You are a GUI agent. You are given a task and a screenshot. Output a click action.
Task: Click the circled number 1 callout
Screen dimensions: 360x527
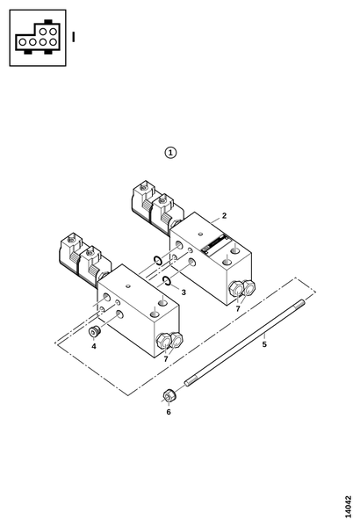pos(170,153)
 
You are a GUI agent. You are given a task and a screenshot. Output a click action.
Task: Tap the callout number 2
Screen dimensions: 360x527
pos(224,215)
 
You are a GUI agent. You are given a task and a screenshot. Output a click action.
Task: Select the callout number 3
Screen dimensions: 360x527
pos(184,292)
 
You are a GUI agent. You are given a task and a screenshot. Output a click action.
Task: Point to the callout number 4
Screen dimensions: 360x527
pos(94,346)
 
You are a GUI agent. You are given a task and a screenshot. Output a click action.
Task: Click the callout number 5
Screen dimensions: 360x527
pos(264,344)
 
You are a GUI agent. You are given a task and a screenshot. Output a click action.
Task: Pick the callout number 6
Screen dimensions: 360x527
pos(169,412)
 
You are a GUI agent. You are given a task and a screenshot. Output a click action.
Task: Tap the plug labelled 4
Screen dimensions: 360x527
pos(95,331)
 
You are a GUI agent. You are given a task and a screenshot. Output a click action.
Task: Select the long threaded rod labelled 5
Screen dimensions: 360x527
pos(245,343)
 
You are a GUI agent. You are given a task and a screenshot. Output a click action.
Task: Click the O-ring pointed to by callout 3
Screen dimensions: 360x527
pos(167,280)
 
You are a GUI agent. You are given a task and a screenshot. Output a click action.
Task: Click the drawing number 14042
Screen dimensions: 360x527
pos(348,507)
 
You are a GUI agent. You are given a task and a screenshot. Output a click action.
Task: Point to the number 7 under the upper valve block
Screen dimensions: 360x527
pos(238,308)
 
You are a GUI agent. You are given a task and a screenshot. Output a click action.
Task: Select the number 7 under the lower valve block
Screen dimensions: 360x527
pos(166,359)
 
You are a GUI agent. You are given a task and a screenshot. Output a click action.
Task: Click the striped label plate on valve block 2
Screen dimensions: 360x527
pos(213,244)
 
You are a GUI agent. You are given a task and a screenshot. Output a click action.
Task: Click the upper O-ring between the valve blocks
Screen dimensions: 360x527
pos(157,260)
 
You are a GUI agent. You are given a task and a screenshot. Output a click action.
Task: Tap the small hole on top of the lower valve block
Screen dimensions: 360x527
pos(127,286)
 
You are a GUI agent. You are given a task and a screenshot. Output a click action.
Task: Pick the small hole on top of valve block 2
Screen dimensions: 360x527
pos(200,234)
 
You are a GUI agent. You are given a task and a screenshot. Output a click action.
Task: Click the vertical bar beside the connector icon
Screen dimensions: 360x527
pos(73,37)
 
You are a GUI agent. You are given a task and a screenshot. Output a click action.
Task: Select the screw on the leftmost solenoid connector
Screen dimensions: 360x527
pos(71,240)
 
